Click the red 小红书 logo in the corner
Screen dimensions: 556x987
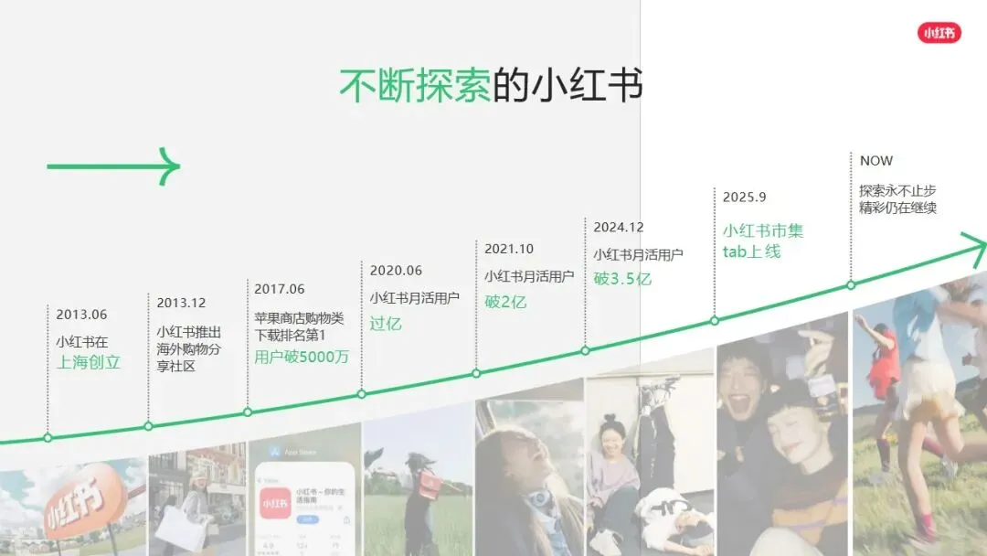coord(939,32)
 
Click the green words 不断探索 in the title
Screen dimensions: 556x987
coord(414,85)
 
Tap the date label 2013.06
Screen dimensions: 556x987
coord(81,315)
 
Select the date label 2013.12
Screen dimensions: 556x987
coord(181,303)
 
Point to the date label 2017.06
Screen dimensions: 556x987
coord(280,289)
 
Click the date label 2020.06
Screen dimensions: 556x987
coord(396,271)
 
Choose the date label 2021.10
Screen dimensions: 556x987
coord(509,249)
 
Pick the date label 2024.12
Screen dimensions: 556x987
coord(619,227)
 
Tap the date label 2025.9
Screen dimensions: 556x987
coord(744,197)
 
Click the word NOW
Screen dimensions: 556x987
coord(876,161)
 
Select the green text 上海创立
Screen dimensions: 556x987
coord(89,362)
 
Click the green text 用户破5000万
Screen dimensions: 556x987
coord(302,357)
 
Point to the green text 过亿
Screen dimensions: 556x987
coord(386,324)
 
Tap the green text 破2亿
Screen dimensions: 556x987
coord(505,302)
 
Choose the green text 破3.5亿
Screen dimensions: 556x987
coord(622,279)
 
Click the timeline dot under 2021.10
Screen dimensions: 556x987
coord(476,373)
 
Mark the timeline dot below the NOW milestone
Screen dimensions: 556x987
coord(851,284)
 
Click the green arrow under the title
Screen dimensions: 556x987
coord(113,166)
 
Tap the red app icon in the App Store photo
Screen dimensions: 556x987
coord(273,504)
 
